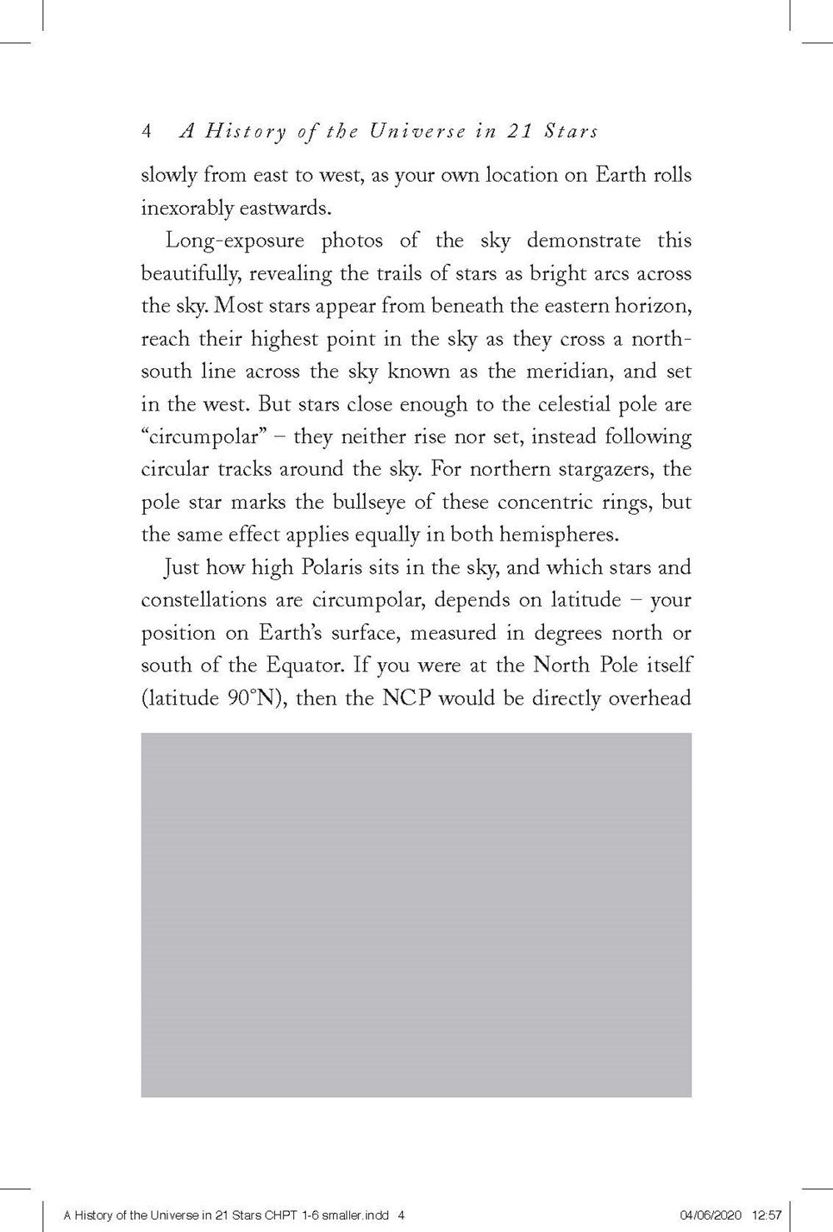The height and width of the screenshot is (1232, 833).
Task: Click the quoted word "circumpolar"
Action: [x=197, y=436]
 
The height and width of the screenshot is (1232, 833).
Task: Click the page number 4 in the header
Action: [x=147, y=132]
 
